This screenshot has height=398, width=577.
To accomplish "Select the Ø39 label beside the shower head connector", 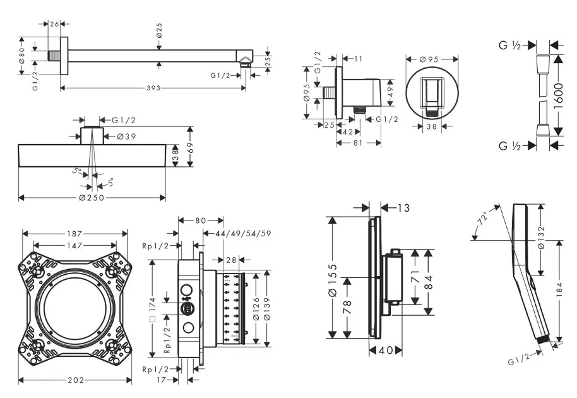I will (126, 135).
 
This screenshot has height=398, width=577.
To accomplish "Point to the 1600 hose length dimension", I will (558, 94).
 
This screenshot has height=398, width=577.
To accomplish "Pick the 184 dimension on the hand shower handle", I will (559, 292).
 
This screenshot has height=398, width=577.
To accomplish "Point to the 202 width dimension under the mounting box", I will (75, 380).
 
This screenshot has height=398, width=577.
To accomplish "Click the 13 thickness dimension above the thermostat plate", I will (404, 207).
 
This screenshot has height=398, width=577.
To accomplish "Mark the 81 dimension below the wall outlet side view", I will (358, 143).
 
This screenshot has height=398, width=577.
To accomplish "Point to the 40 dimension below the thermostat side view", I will (386, 349).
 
